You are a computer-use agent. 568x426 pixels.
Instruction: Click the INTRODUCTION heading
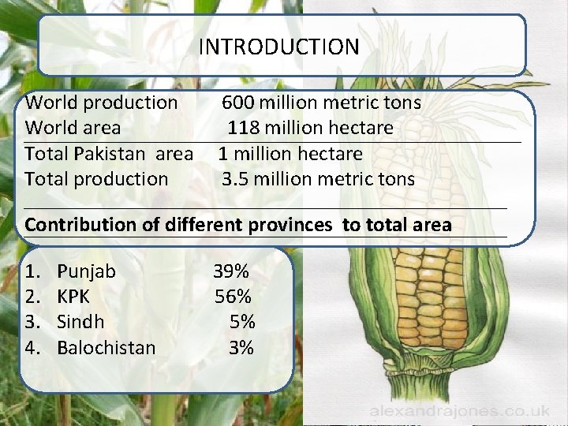pyautogui.click(x=278, y=47)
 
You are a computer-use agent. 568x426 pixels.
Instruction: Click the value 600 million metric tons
pyautogui.click(x=321, y=103)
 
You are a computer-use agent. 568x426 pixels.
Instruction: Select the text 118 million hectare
pyautogui.click(x=311, y=128)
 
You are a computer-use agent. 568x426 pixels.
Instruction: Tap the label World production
pyautogui.click(x=102, y=103)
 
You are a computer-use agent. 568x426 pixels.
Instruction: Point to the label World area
pyautogui.click(x=73, y=128)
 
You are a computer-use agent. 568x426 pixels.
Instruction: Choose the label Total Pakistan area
pyautogui.click(x=109, y=153)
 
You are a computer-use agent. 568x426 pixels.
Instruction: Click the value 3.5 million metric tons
pyautogui.click(x=317, y=179)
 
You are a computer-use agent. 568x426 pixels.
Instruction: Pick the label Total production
pyautogui.click(x=96, y=179)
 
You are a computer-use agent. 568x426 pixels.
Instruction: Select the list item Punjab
pyautogui.click(x=87, y=271)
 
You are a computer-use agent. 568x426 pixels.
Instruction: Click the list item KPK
pyautogui.click(x=74, y=297)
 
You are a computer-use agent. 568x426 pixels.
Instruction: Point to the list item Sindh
pyautogui.click(x=81, y=322)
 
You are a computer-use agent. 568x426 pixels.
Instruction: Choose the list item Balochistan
pyautogui.click(x=106, y=347)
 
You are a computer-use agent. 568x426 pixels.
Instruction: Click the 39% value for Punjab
pyautogui.click(x=231, y=271)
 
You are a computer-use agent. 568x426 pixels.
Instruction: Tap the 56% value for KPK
pyautogui.click(x=234, y=297)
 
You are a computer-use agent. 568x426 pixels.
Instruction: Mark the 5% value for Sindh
pyautogui.click(x=242, y=322)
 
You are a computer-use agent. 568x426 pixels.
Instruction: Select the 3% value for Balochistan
pyautogui.click(x=241, y=347)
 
